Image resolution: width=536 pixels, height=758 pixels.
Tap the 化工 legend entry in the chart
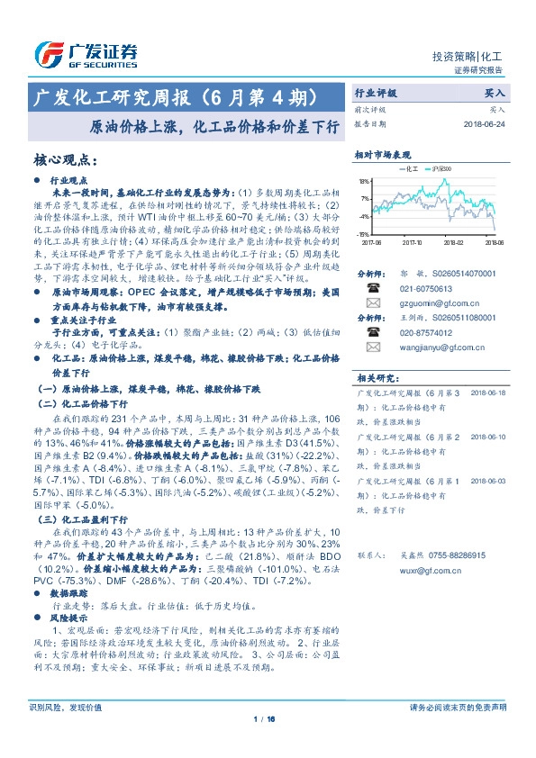(405, 169)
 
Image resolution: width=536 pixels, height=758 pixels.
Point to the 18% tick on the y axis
(364, 180)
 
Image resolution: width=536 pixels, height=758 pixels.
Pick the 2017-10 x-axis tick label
(412, 242)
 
